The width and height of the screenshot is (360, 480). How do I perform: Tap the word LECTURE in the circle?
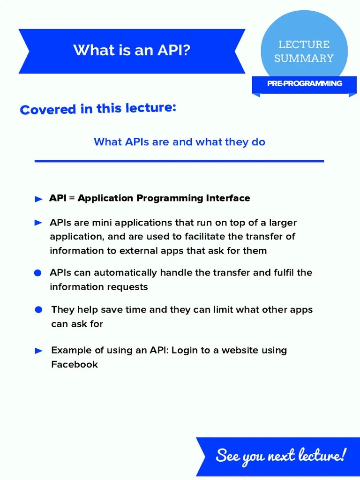coord(304,45)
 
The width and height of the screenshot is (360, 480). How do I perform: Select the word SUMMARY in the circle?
coord(304,59)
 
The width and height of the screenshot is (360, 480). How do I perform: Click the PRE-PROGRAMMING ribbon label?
coord(304,83)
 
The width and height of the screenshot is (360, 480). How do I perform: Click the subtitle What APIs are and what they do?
coord(179,142)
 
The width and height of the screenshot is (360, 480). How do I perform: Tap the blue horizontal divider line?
coord(179,161)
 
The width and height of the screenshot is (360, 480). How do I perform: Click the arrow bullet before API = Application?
coord(39,199)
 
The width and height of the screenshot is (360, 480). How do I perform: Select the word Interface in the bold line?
coord(228,198)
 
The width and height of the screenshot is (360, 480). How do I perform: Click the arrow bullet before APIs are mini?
coord(39,223)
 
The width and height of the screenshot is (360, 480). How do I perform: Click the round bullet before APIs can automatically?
coord(38,273)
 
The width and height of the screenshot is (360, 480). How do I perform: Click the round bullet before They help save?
coord(39,310)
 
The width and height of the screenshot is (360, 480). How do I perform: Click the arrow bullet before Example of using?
coord(40,351)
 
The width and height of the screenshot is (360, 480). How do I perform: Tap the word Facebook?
coord(74,364)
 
